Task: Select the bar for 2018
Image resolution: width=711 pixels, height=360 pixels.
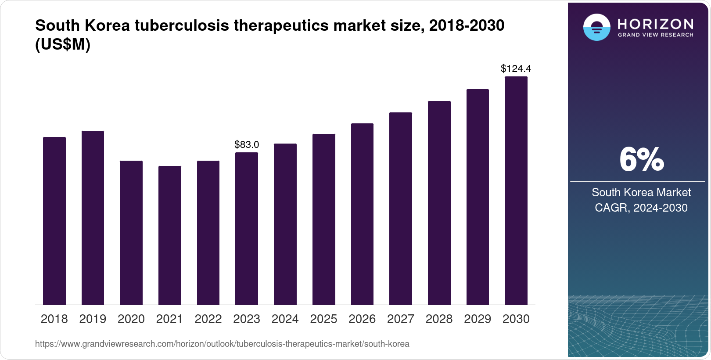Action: (54, 221)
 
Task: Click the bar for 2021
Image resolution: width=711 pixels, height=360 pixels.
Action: (170, 235)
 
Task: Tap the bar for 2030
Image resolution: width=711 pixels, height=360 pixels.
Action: (516, 191)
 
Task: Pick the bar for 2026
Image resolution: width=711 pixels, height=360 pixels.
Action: (362, 214)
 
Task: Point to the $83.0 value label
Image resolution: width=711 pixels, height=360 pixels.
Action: (247, 144)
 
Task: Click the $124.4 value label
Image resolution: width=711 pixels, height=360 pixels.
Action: (516, 68)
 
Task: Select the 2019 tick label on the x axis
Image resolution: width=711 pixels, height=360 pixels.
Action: (93, 319)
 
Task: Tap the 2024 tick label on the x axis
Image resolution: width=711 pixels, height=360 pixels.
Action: (285, 319)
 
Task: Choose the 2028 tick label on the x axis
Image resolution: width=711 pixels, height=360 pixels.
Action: (439, 319)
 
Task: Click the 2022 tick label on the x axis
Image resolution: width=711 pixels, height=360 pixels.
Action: (208, 319)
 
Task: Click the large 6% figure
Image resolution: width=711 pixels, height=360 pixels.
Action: (641, 160)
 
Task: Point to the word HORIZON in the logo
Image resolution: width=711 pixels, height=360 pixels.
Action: (656, 24)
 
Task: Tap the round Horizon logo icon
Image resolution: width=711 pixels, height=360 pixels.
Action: (596, 27)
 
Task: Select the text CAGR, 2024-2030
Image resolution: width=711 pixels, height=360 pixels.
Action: (641, 208)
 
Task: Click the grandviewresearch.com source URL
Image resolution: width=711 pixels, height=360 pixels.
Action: (222, 344)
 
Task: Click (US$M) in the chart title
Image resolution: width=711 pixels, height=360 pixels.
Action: (63, 44)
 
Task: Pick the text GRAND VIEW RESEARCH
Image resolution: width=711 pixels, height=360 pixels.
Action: (656, 35)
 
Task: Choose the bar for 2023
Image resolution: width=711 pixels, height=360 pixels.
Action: (247, 228)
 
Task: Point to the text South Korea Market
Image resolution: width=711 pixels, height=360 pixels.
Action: (641, 192)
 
